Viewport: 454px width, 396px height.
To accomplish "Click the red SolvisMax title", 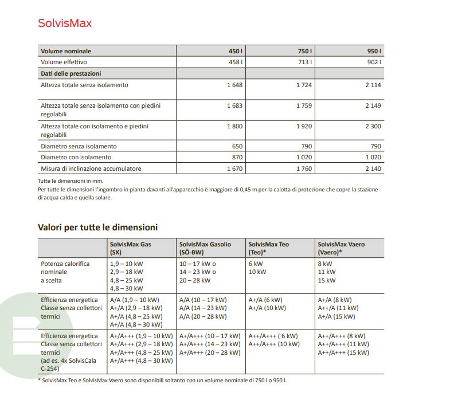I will pyautogui.click(x=65, y=23).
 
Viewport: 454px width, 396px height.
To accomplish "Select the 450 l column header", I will pyautogui.click(x=236, y=51).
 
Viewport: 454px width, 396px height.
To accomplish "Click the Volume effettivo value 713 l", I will pyautogui.click(x=304, y=62).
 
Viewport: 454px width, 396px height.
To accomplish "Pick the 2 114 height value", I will pyautogui.click(x=371, y=85).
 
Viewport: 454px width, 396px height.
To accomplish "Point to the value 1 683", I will pyautogui.click(x=234, y=105).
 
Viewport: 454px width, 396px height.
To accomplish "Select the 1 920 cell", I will pyautogui.click(x=304, y=126).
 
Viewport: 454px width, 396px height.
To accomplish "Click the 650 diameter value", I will pyautogui.click(x=237, y=146).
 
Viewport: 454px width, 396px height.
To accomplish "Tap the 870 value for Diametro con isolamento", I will pyautogui.click(x=237, y=157).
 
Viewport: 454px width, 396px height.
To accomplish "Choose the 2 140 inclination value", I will pyautogui.click(x=371, y=168).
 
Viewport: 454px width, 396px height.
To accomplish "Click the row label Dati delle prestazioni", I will pyautogui.click(x=71, y=73).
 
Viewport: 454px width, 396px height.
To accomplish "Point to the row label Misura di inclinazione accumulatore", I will pyautogui.click(x=91, y=168).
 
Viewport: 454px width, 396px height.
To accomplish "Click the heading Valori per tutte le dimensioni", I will pyautogui.click(x=97, y=228).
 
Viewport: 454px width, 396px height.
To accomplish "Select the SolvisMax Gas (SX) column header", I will pyautogui.click(x=131, y=248).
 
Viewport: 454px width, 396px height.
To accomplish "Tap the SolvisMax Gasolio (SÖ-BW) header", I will pyautogui.click(x=205, y=248).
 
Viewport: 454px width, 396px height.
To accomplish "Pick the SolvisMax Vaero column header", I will pyautogui.click(x=341, y=248).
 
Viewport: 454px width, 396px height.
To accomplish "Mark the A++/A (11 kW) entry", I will pyautogui.click(x=339, y=308).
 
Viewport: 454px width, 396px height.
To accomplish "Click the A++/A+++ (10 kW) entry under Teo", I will pyautogui.click(x=274, y=344).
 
